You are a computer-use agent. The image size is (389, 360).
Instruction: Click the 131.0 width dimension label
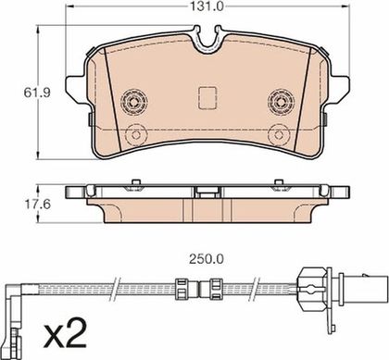[207, 6]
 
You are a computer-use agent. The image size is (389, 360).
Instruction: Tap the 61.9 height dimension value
[37, 93]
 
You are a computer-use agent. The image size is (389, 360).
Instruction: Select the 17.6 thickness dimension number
[37, 204]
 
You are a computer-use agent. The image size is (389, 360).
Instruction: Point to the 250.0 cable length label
[207, 259]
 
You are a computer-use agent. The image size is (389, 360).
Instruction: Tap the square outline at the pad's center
[207, 98]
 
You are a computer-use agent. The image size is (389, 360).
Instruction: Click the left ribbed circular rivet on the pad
[134, 101]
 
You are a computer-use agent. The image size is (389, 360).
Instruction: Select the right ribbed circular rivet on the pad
[281, 101]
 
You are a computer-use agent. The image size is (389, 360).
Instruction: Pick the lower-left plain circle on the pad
[136, 135]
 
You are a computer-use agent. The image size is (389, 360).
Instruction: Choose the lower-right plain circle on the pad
[278, 135]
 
